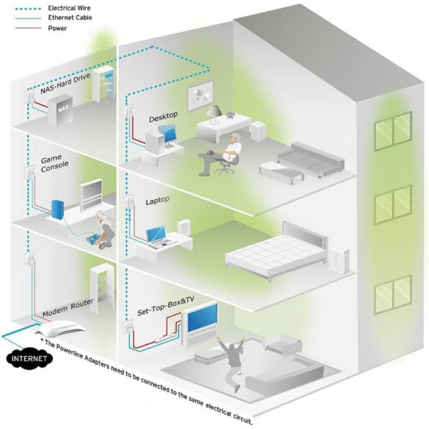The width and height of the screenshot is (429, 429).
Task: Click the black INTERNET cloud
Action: (26, 357)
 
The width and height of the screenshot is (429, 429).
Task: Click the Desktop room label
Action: (163, 117)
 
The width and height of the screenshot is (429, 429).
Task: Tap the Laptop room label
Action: (157, 201)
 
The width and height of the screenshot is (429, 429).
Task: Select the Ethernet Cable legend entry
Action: (68, 18)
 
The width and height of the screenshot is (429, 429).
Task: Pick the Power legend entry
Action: (58, 28)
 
